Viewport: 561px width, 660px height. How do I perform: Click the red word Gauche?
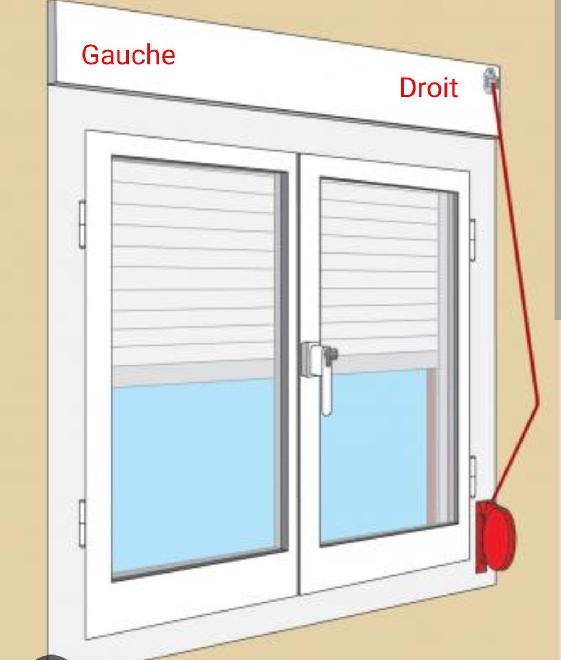point(128,55)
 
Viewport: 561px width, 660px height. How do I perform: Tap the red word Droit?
point(428,88)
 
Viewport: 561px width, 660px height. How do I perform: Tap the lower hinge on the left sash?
point(82,522)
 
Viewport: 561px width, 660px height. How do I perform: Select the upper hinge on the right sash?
point(472,239)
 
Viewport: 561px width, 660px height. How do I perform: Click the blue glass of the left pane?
point(193,473)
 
